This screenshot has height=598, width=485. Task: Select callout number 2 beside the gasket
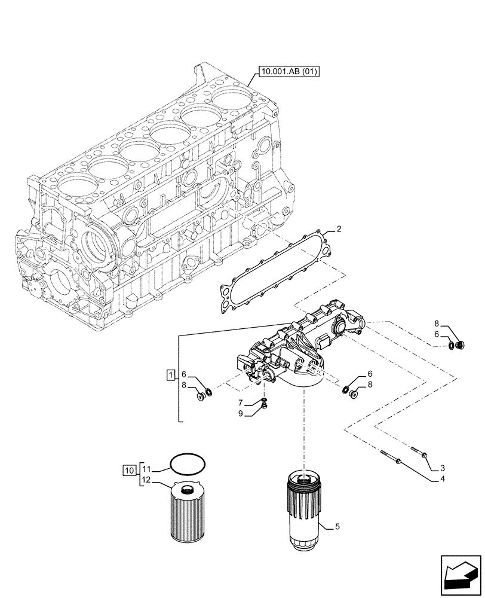339,229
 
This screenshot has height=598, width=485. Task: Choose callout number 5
337,527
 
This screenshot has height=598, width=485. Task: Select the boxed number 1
171,375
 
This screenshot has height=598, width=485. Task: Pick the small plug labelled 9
263,409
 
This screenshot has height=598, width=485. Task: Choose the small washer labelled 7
264,401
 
